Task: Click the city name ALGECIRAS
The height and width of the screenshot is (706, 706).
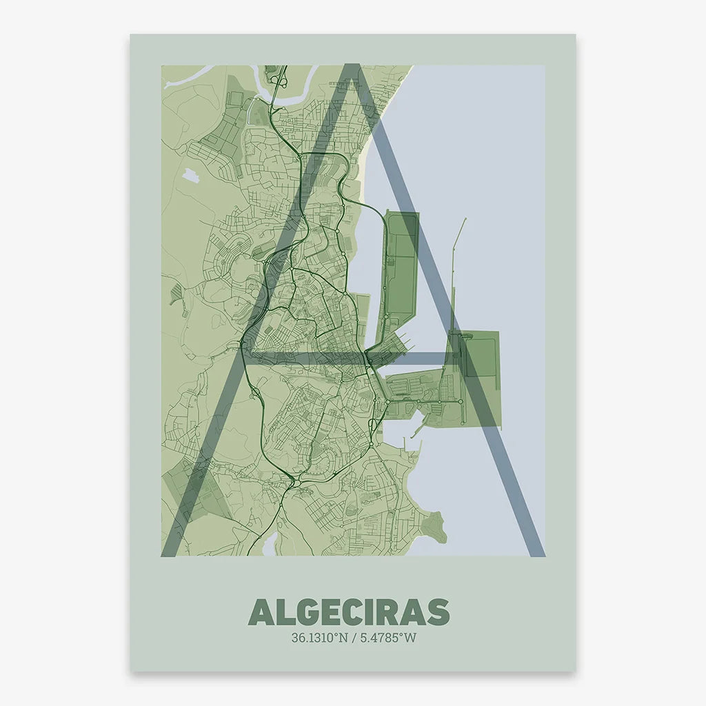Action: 349,612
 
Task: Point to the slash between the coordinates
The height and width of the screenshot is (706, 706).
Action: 353,638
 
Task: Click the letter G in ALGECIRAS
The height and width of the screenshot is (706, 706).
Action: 298,612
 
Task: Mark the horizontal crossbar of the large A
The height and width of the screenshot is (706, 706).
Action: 352,358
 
